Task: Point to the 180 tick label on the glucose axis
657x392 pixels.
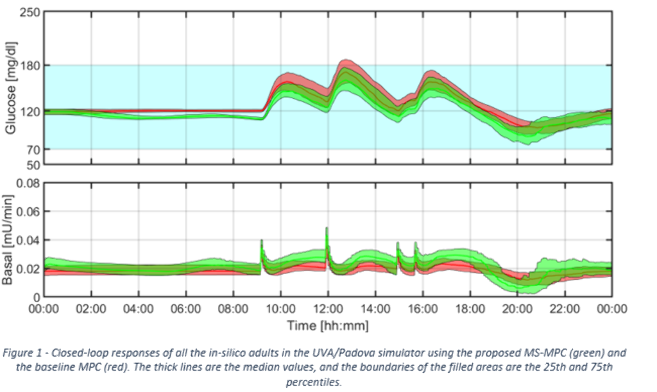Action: click(x=30, y=65)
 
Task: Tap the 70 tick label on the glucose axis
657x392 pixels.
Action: click(x=33, y=149)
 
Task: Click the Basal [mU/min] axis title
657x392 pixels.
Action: click(x=10, y=240)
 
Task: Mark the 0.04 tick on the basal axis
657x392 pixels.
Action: click(x=28, y=241)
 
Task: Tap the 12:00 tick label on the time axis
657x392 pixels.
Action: click(x=328, y=309)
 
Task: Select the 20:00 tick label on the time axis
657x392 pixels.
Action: click(x=517, y=309)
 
